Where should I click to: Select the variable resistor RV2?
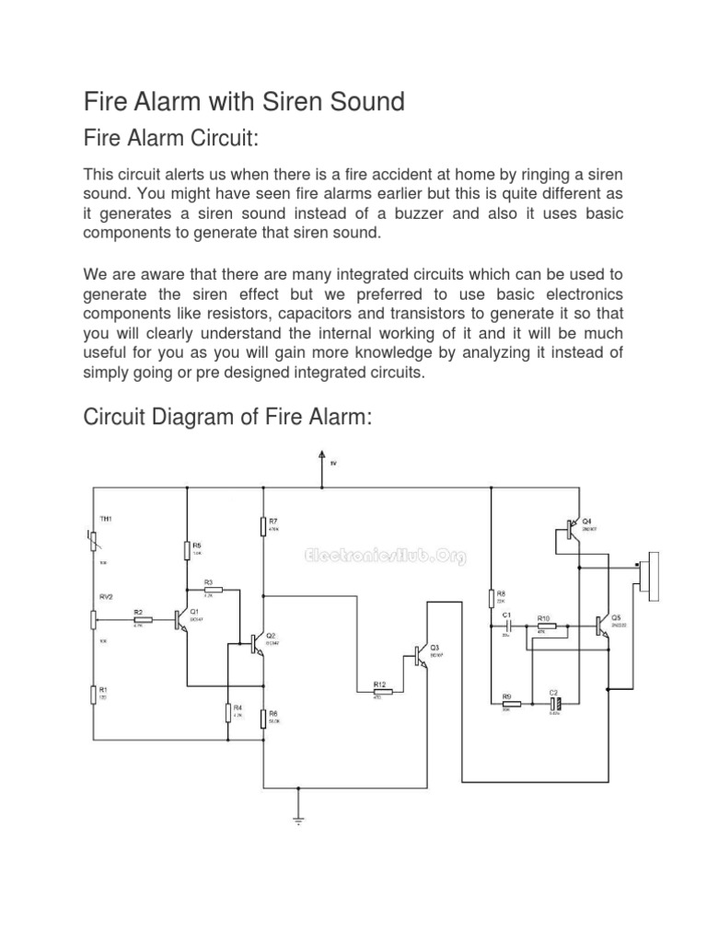pyautogui.click(x=93, y=617)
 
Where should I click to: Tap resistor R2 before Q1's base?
pyautogui.click(x=143, y=618)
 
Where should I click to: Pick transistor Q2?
pyautogui.click(x=258, y=643)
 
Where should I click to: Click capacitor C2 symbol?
pyautogui.click(x=554, y=705)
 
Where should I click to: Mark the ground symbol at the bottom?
pyautogui.click(x=298, y=818)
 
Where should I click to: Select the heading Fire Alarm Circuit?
pyautogui.click(x=171, y=139)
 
